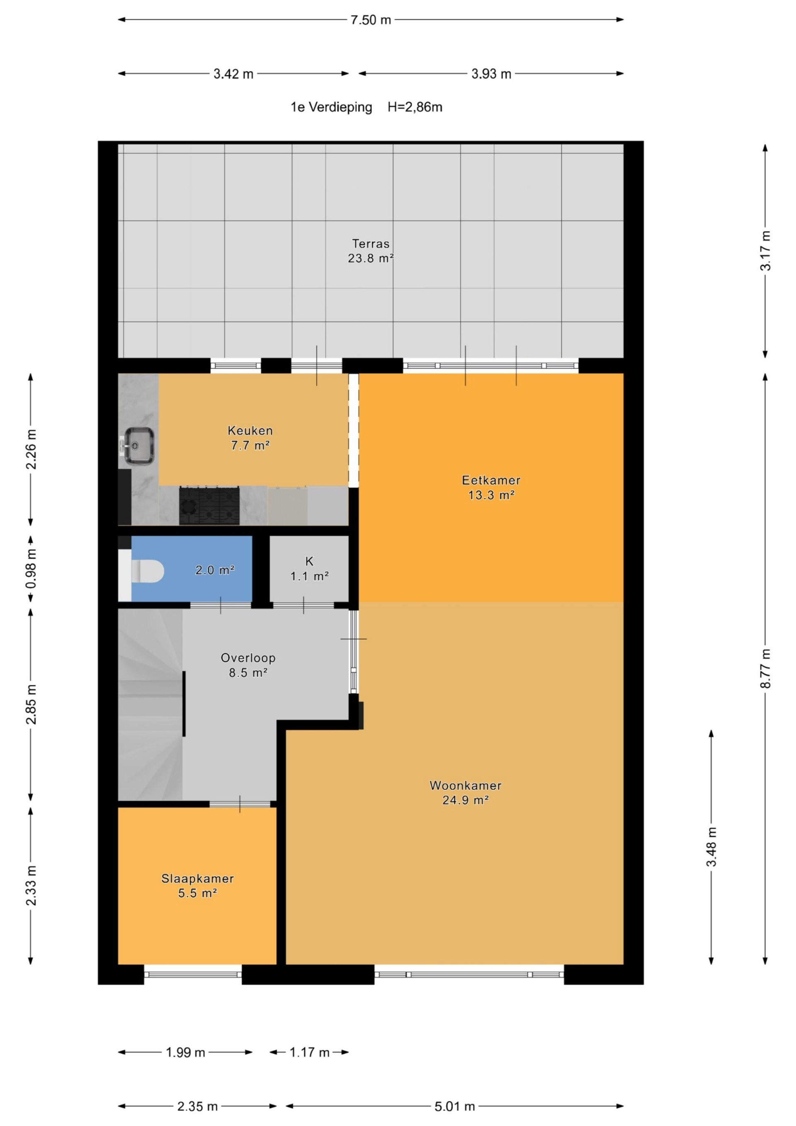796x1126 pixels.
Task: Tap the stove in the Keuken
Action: coord(209,506)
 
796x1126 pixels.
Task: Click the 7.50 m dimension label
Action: coord(370,19)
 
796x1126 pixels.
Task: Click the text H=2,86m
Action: coord(415,107)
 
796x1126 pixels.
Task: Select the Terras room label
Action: coord(371,244)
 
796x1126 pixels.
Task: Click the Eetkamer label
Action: coord(491,480)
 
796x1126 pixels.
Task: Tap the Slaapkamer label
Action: coord(198,878)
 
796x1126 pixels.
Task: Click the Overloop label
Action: coord(248,658)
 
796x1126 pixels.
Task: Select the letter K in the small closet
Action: coord(309,561)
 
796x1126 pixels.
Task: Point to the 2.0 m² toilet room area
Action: coord(215,570)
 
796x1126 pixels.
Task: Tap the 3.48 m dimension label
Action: coord(711,847)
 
